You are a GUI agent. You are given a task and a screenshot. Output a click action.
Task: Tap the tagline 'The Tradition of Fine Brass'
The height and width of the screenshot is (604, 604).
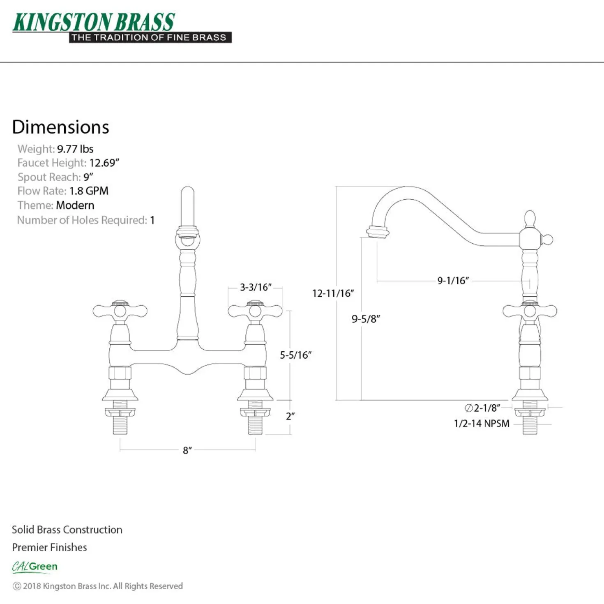click(149, 38)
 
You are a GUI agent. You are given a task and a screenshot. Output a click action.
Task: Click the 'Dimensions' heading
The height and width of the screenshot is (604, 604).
click(60, 127)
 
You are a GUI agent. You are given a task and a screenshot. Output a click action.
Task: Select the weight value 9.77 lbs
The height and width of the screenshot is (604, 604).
click(75, 149)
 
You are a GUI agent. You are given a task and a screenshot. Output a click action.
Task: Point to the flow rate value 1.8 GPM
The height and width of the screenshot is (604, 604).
click(89, 191)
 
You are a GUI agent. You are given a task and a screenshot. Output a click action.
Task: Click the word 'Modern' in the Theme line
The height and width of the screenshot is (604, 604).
click(75, 205)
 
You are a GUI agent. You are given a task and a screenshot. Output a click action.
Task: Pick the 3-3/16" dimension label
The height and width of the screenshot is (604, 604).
click(256, 287)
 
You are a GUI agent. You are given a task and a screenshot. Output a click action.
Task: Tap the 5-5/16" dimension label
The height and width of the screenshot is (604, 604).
click(295, 355)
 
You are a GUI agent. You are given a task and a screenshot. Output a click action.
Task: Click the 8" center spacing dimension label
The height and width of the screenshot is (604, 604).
click(187, 450)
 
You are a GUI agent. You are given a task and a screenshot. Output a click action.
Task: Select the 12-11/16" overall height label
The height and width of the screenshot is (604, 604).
click(333, 293)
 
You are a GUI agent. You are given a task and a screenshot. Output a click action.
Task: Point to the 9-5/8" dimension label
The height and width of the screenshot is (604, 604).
click(365, 319)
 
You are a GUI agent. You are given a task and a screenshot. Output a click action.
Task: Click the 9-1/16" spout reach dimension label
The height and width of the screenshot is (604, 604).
click(453, 280)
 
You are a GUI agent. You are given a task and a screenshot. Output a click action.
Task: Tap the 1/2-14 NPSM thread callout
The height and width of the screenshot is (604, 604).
click(482, 424)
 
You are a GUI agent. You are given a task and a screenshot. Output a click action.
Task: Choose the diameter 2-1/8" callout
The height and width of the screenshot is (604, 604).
click(482, 408)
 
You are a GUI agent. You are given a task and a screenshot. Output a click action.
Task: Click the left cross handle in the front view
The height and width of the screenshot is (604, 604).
click(120, 311)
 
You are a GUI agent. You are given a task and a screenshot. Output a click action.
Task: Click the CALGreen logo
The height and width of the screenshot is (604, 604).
click(35, 567)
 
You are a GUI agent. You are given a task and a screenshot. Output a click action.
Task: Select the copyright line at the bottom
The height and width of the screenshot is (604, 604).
click(97, 586)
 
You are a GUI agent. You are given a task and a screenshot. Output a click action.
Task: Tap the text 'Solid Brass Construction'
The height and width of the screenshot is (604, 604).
click(67, 530)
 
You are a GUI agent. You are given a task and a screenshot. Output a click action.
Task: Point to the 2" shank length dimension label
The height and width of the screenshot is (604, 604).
click(290, 416)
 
